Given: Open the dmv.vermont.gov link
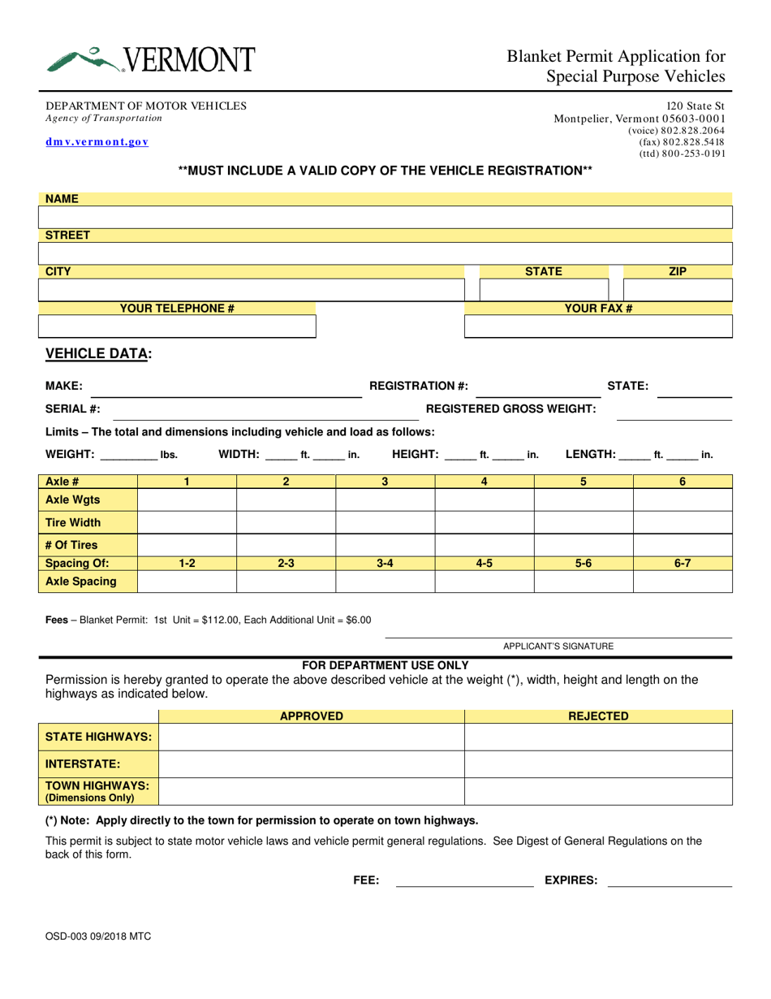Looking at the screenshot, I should pyautogui.click(x=97, y=142).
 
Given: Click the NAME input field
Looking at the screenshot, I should pyautogui.click(x=385, y=218).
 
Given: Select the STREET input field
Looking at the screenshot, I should pyautogui.click(x=385, y=253).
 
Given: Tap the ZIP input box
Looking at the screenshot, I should pyautogui.click(x=677, y=290).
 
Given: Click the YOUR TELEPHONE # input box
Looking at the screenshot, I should pyautogui.click(x=177, y=327).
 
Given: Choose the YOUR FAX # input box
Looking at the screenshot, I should pyautogui.click(x=598, y=327).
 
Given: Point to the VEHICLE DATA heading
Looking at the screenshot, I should pyautogui.click(x=98, y=353).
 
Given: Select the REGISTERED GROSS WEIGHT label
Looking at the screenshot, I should pyautogui.click(x=511, y=409).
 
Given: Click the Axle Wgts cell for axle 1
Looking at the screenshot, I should pyautogui.click(x=187, y=500).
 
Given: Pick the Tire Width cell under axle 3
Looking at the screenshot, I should pyautogui.click(x=385, y=522).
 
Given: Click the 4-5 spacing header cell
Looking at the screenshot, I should pyautogui.click(x=484, y=562).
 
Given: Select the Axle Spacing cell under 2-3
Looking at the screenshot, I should pyautogui.click(x=286, y=582).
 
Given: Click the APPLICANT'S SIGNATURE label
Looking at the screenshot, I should pyautogui.click(x=558, y=647).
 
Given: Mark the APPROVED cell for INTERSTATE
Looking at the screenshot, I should pyautogui.click(x=311, y=764).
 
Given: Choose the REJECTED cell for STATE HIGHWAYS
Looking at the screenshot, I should pyautogui.click(x=598, y=737).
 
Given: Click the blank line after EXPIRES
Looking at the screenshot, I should pyautogui.click(x=670, y=880).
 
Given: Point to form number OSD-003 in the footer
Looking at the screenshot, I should pyautogui.click(x=97, y=936).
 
